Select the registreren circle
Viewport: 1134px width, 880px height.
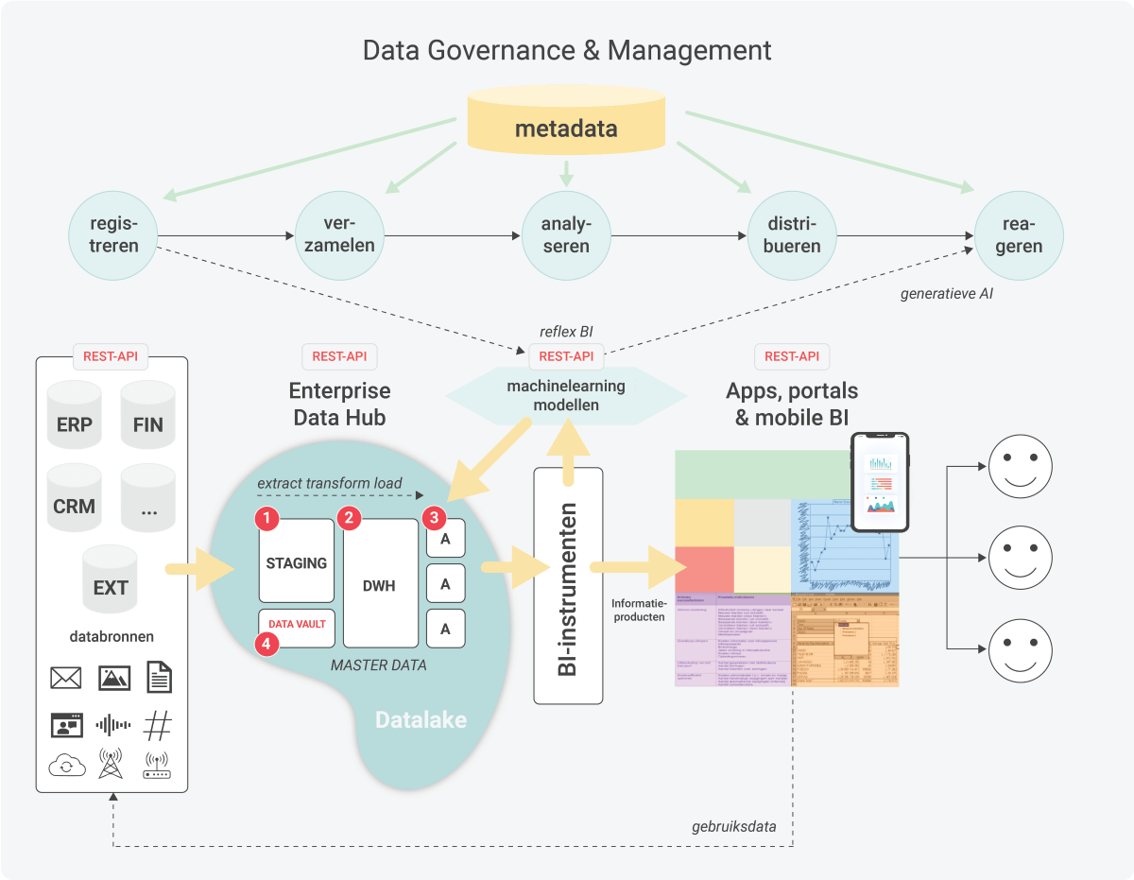[x=114, y=234]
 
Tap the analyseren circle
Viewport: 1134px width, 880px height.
[x=566, y=234]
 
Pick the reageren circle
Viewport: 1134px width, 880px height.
[x=1019, y=234]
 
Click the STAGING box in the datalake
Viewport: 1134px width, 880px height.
[x=297, y=562]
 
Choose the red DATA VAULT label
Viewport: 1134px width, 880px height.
[x=297, y=624]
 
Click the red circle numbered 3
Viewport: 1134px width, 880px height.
[x=434, y=517]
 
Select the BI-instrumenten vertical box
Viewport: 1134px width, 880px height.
[x=568, y=586]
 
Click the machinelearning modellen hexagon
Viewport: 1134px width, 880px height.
[x=565, y=396]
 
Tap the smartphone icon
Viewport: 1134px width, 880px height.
[x=879, y=482]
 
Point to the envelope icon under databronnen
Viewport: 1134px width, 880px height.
[x=65, y=677]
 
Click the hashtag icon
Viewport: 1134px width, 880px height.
[x=158, y=725]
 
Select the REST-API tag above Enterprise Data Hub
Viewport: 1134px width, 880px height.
[x=339, y=356]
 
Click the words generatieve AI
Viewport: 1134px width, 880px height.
[x=946, y=294]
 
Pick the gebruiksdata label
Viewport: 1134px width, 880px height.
[x=733, y=826]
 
